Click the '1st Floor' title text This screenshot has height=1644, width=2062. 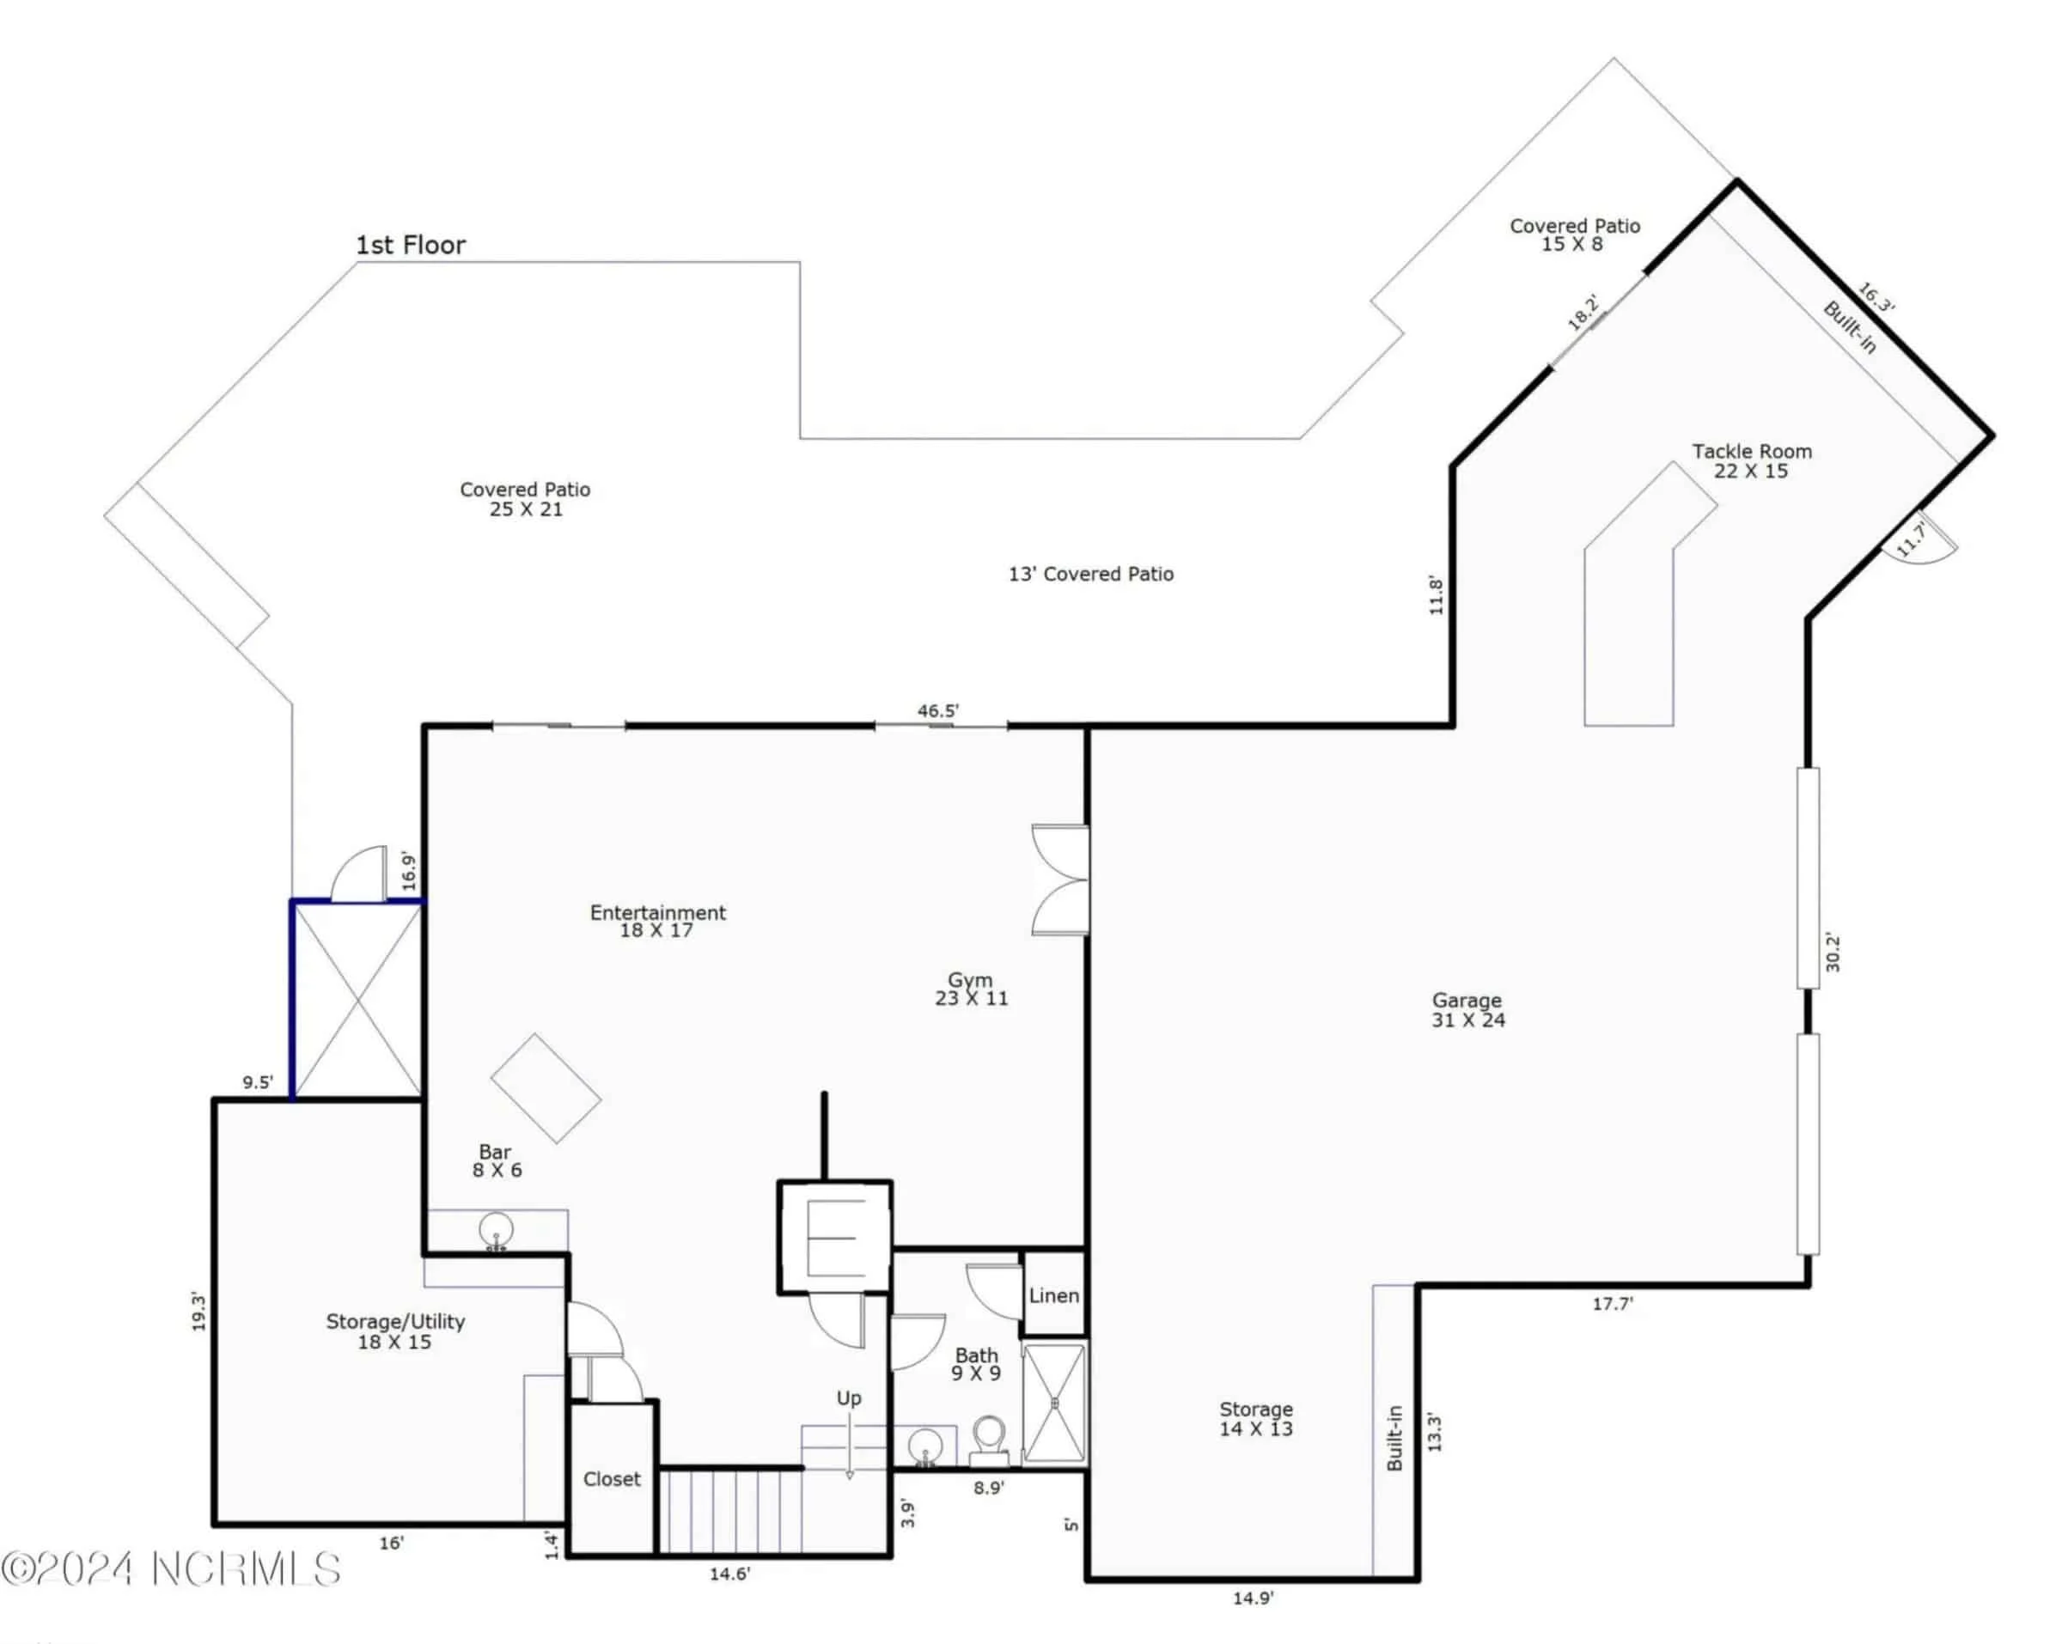tap(411, 246)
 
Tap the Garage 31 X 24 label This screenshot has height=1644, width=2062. tap(1467, 1010)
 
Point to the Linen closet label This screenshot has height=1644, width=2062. tap(1054, 1296)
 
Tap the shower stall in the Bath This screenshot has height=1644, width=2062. tap(1054, 1403)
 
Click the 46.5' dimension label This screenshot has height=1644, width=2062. tap(937, 710)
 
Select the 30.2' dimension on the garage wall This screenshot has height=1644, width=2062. tap(1833, 952)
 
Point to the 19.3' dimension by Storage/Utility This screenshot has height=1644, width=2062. tap(198, 1312)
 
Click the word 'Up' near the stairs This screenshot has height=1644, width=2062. tap(848, 1398)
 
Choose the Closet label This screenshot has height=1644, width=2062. tap(611, 1478)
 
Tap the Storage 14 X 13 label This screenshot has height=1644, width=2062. tap(1256, 1419)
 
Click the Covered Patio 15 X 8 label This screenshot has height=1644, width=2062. tap(1574, 235)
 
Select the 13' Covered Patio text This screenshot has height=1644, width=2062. tap(1090, 574)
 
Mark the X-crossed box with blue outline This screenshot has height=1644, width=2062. tap(357, 1001)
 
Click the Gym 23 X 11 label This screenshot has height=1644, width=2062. tap(971, 989)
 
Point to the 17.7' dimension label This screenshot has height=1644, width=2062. tap(1613, 1304)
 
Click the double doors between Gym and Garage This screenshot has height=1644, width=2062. tap(1062, 880)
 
